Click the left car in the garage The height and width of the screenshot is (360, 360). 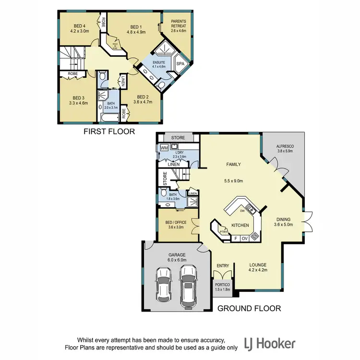164,286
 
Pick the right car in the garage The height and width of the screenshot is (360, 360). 188,282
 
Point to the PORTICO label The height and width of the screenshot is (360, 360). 222,286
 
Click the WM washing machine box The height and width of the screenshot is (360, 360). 164,148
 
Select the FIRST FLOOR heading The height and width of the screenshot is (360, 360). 109,131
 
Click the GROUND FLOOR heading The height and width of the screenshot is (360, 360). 249,308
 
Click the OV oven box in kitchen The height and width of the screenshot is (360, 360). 244,238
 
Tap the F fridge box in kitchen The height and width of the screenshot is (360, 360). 235,238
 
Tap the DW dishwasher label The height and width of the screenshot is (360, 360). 243,211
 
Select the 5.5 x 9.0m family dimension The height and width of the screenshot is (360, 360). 234,181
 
